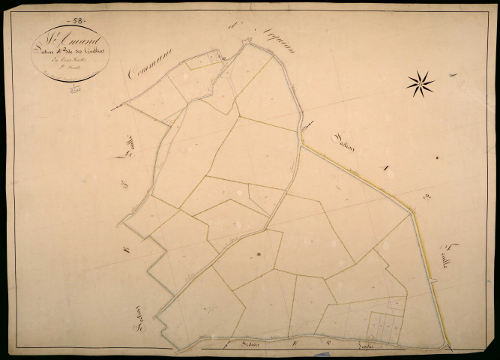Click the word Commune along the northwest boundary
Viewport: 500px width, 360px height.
(150, 63)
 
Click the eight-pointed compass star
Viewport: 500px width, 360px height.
(421, 84)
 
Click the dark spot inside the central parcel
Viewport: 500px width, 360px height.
(259, 255)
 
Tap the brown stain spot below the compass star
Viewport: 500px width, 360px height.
(436, 157)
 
